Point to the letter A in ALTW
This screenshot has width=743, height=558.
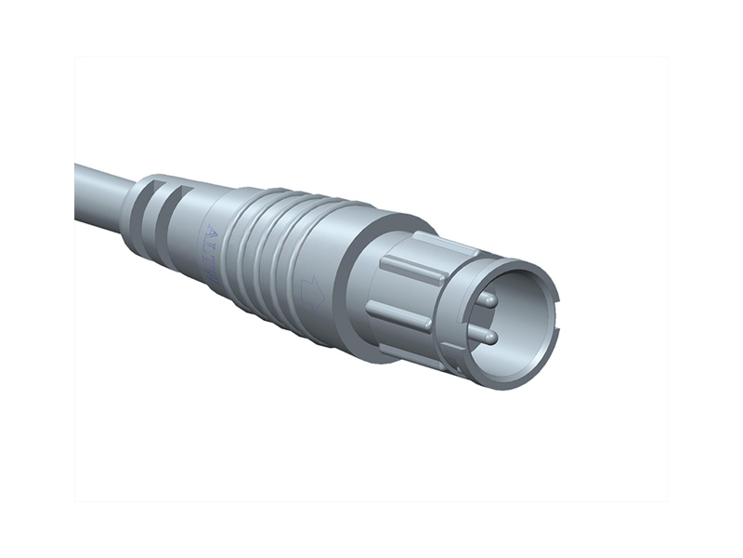pos(208,232)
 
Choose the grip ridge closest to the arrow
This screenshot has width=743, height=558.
pos(288,270)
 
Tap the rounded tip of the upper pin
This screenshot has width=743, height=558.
pos(493,299)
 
